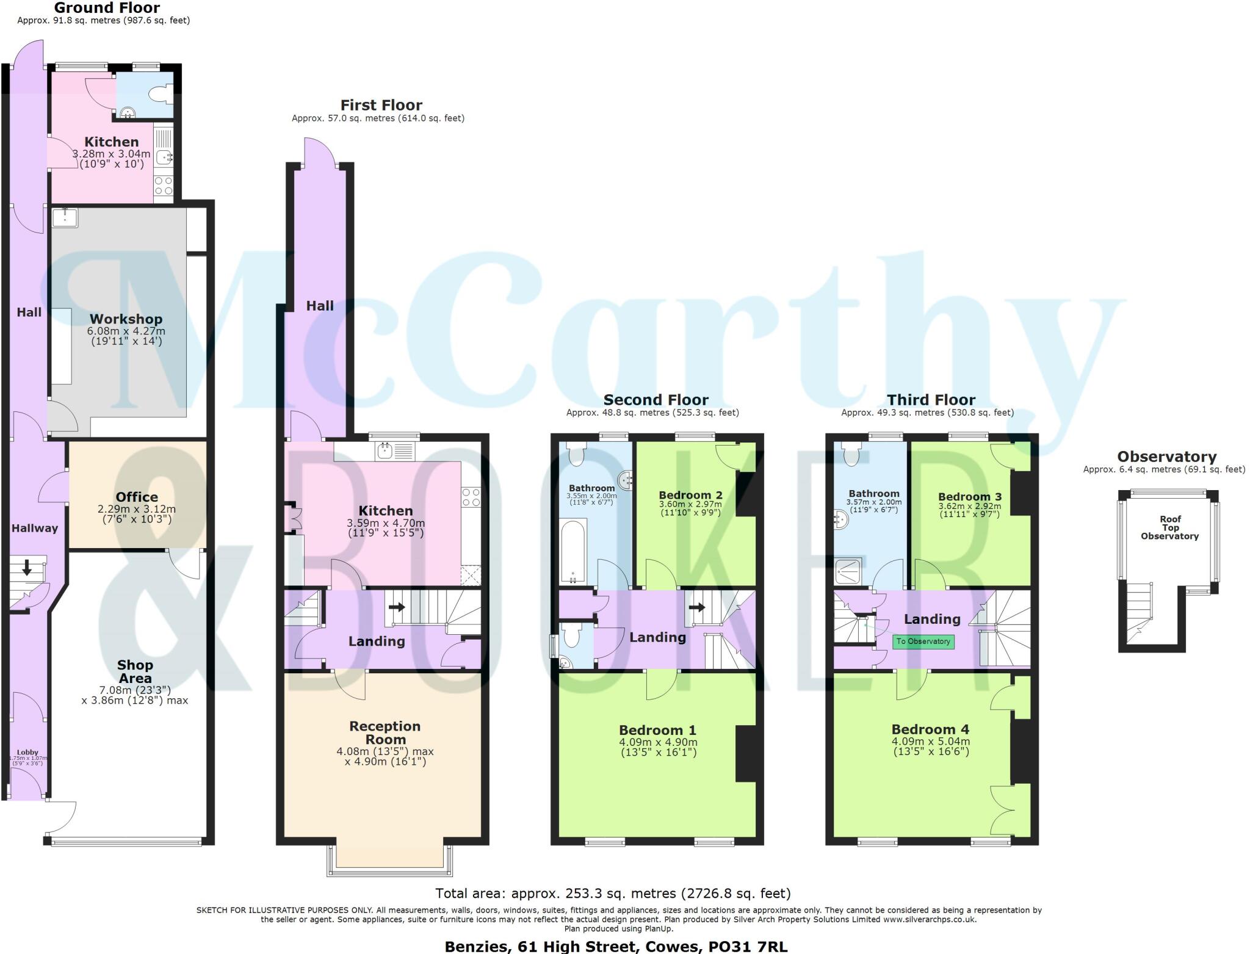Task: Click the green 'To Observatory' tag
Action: coord(923,641)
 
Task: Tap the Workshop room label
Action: coord(126,319)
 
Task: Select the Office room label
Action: coord(137,497)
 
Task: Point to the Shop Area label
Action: coord(135,671)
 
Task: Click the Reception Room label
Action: coord(385,732)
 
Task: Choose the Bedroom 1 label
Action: coord(657,730)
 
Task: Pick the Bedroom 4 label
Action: coord(930,729)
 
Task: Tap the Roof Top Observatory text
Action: coord(1169,528)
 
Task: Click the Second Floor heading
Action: coord(656,400)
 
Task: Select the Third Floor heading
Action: coord(931,400)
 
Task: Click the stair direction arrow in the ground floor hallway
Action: coord(27,568)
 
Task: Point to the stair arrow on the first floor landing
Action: coord(397,607)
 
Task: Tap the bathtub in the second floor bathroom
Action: coord(573,551)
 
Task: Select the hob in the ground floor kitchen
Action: coord(164,186)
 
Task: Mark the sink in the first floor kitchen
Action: coord(386,452)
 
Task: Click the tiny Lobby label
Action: coord(27,753)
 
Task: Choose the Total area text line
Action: coord(613,894)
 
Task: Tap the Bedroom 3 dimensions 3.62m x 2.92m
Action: coord(969,506)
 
